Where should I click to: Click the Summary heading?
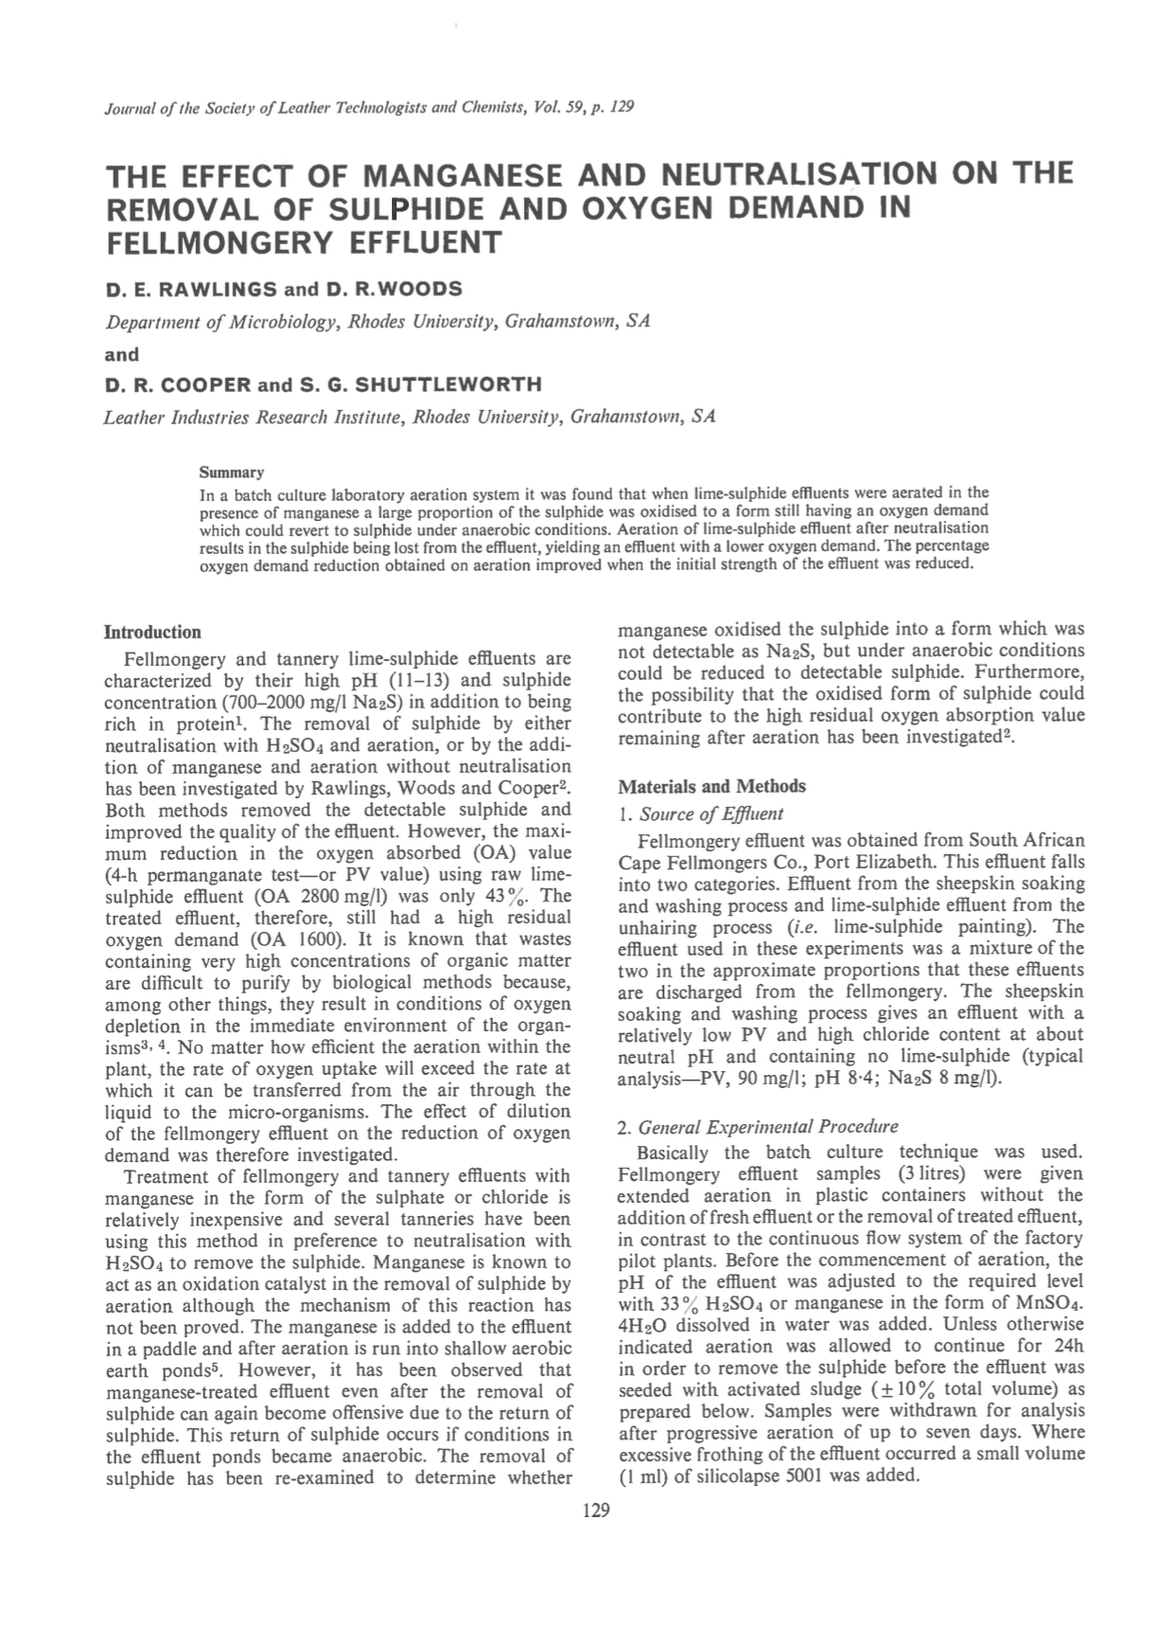coord(231,473)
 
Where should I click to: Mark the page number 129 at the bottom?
coord(597,1510)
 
